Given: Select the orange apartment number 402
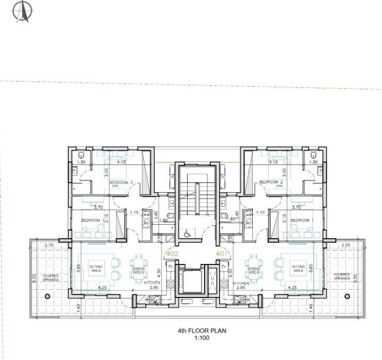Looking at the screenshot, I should pos(172,254).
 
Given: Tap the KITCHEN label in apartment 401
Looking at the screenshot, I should pos(241,284).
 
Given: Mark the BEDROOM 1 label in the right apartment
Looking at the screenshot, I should pos(300,221).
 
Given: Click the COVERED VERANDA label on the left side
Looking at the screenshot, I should pos(51,278).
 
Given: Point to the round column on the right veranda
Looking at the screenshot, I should pos(348,296).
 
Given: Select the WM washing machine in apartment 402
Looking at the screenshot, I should pos(146,214).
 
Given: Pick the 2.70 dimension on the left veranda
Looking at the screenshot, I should pos(49,245).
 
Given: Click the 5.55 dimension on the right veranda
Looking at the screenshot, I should pos(355,277).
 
